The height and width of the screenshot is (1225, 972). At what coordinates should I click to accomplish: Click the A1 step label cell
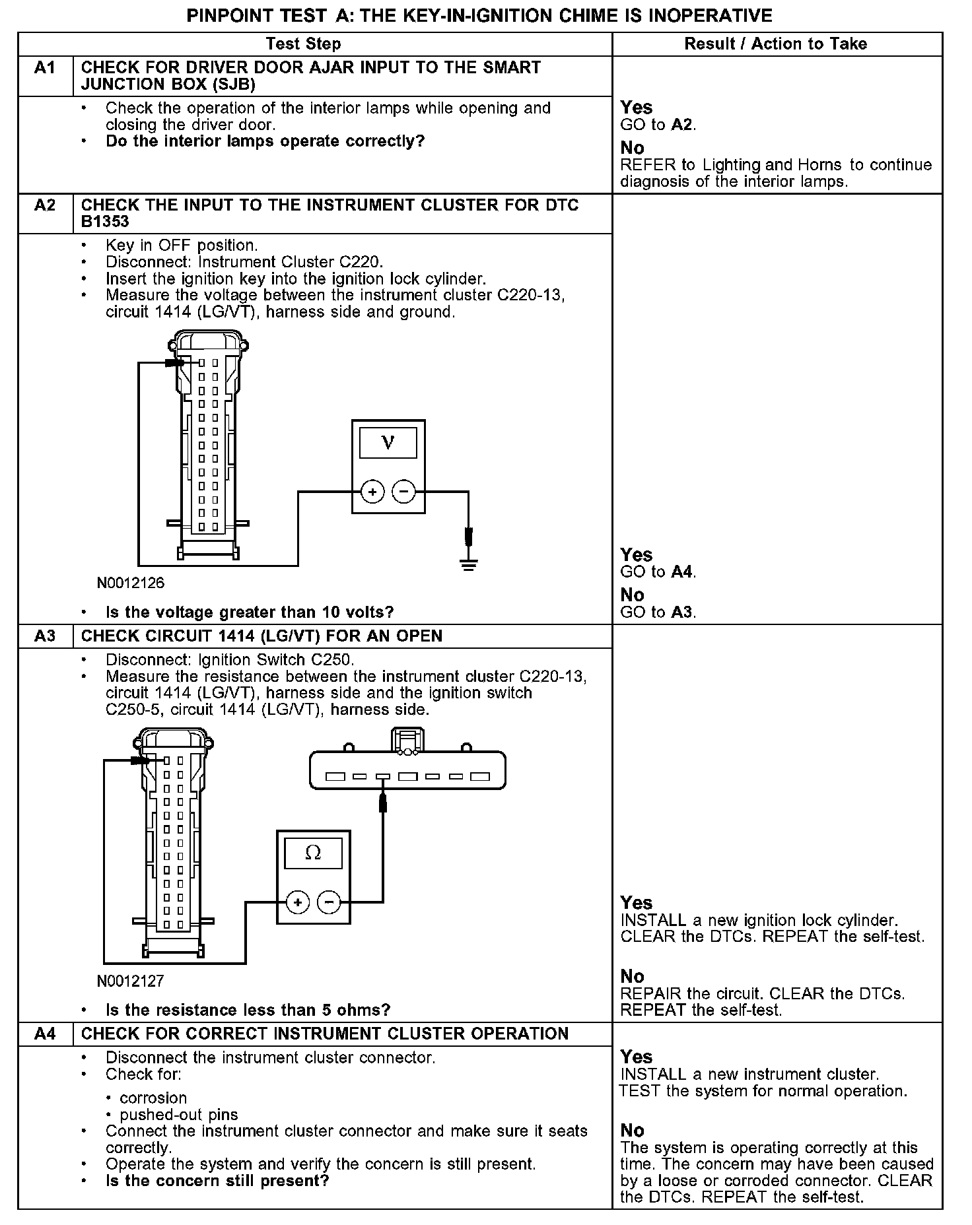(x=45, y=68)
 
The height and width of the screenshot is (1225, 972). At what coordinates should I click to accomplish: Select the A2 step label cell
(x=45, y=205)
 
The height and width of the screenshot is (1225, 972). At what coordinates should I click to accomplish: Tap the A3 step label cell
(x=45, y=636)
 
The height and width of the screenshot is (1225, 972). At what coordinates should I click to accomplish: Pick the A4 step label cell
(x=45, y=1034)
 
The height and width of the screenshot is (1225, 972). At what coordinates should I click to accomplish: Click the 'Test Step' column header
(x=303, y=44)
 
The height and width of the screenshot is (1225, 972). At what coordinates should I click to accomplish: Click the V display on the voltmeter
(x=388, y=443)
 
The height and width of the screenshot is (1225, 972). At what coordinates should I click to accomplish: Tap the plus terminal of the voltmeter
(x=372, y=492)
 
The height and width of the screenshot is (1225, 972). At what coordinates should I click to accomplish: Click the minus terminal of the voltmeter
(x=404, y=492)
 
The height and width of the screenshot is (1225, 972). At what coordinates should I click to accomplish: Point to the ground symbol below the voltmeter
(x=469, y=564)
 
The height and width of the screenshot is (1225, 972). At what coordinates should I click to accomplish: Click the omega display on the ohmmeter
(x=313, y=853)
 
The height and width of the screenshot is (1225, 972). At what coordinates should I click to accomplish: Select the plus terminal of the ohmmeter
(x=298, y=902)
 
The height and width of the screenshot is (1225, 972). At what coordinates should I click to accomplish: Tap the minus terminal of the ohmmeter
(x=330, y=902)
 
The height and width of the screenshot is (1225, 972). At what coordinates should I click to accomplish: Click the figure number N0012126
(x=131, y=583)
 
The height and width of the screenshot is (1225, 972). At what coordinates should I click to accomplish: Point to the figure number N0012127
(x=130, y=981)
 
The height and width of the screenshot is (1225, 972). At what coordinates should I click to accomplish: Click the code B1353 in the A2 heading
(x=105, y=222)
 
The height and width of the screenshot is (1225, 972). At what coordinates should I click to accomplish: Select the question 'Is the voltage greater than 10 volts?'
(x=250, y=612)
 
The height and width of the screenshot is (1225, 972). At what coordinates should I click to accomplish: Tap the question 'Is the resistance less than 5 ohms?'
(x=248, y=1010)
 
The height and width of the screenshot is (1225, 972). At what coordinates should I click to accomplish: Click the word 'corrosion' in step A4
(x=153, y=1098)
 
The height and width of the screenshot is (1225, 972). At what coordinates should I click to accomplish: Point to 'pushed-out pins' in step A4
(x=178, y=1115)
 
